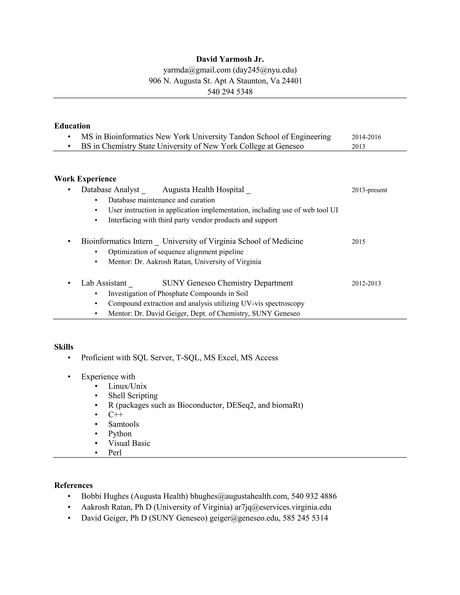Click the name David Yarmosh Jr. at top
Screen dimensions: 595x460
[x=230, y=59]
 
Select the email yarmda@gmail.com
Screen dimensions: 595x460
[x=197, y=70]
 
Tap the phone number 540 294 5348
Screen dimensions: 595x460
[x=230, y=92]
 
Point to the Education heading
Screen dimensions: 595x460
[x=72, y=126]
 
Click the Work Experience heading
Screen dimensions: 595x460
[x=85, y=179]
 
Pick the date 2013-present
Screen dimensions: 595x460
[x=369, y=190]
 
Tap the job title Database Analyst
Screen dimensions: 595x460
[x=110, y=190]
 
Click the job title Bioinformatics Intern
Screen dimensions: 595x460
[x=117, y=241]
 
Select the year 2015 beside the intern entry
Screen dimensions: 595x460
[x=358, y=242]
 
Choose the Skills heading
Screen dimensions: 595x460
[x=64, y=347]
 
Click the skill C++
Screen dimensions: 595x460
[x=115, y=414]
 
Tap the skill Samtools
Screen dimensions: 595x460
[x=124, y=424]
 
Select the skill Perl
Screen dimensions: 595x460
[x=115, y=452]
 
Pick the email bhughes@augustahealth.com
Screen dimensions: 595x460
[x=239, y=496]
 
